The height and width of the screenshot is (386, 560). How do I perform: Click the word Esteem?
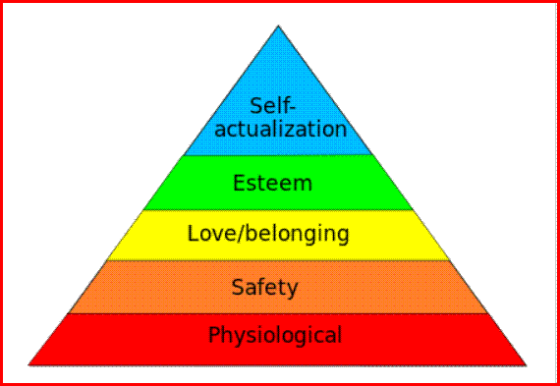[x=272, y=184]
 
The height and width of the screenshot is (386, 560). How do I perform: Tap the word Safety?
[x=264, y=288]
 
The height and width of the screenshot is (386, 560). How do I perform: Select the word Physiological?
[x=275, y=336]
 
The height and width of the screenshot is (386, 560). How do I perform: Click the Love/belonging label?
[x=268, y=234]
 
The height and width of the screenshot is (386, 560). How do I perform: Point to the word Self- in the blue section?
[x=273, y=106]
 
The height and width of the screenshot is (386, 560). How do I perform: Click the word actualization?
[x=281, y=129]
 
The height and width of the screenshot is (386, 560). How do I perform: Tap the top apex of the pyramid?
[x=278, y=26]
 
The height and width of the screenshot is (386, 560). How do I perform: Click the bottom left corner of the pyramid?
[x=28, y=365]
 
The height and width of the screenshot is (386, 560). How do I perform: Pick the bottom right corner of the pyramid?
[x=526, y=365]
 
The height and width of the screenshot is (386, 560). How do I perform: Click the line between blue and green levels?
[x=278, y=155]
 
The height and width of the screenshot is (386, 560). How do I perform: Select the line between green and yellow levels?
[x=278, y=209]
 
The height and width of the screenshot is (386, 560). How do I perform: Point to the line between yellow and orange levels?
[x=278, y=260]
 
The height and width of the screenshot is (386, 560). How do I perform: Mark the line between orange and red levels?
[x=278, y=313]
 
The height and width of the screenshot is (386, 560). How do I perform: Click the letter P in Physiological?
[x=214, y=334]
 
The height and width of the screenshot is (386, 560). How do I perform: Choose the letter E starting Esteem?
[x=239, y=184]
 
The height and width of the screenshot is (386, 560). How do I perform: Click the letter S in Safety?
[x=238, y=287]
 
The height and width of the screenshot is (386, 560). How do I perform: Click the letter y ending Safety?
[x=292, y=291]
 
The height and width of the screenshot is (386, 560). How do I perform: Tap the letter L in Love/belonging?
[x=194, y=234]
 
